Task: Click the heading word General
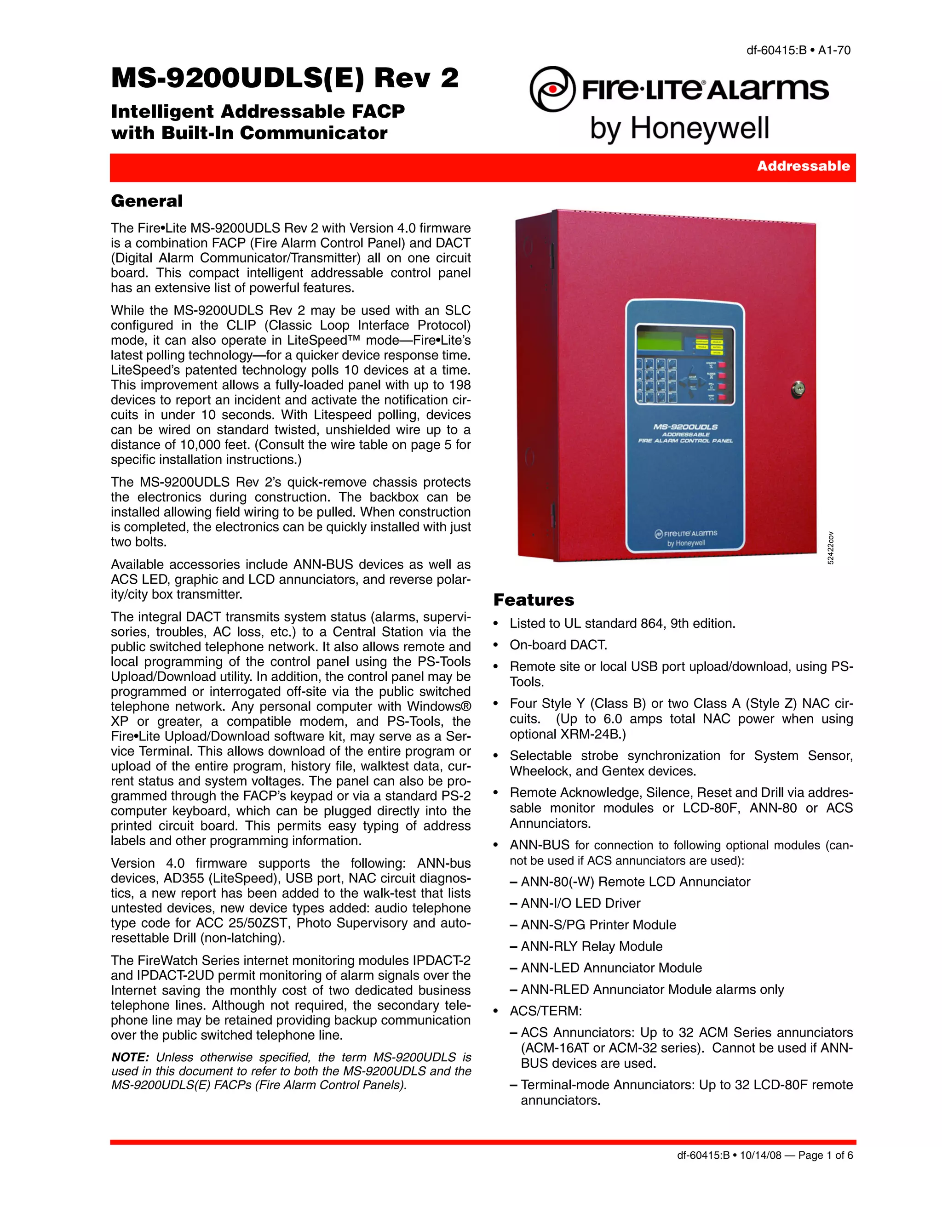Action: pyautogui.click(x=147, y=201)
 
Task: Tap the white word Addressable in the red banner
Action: pyautogui.click(x=803, y=166)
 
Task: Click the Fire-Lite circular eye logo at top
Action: pyautogui.click(x=552, y=89)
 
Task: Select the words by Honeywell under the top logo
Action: pyautogui.click(x=679, y=128)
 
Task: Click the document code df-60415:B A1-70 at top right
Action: pyautogui.click(x=798, y=50)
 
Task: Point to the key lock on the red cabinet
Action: pyautogui.click(x=798, y=389)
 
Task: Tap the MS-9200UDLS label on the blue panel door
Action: pyautogui.click(x=685, y=427)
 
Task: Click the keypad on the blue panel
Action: pyautogui.click(x=656, y=380)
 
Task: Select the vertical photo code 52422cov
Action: pyautogui.click(x=830, y=548)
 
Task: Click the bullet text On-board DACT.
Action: pyautogui.click(x=558, y=645)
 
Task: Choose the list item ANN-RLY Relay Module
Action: pyautogui.click(x=592, y=946)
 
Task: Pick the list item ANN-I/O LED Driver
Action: pyautogui.click(x=580, y=904)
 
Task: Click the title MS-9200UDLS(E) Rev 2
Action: pyautogui.click(x=285, y=78)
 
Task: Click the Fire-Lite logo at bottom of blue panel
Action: pyautogui.click(x=686, y=537)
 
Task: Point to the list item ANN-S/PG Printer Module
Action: pyautogui.click(x=598, y=925)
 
